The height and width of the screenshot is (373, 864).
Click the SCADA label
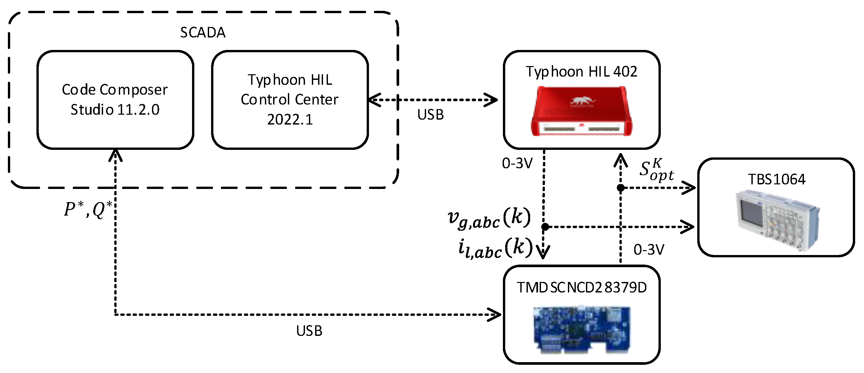click(x=203, y=33)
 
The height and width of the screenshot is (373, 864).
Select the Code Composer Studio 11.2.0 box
click(x=115, y=100)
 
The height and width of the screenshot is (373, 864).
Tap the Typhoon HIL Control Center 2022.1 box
click(x=290, y=100)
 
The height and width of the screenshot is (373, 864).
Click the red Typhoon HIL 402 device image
click(x=581, y=111)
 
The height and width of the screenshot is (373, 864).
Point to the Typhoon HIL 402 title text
click(x=581, y=72)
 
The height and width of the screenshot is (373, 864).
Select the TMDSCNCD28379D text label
click(x=582, y=287)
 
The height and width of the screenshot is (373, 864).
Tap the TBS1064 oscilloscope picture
click(x=777, y=220)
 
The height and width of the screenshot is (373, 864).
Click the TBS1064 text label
click(x=776, y=179)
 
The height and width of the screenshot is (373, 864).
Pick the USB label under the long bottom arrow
click(x=309, y=331)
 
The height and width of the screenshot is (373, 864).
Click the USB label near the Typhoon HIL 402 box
click(x=430, y=115)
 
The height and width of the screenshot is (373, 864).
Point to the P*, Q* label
click(x=88, y=209)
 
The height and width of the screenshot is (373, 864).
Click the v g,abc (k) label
click(x=489, y=219)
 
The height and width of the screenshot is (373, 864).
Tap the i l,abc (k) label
click(x=495, y=249)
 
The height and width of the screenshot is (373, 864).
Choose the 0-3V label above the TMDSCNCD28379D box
click(x=649, y=250)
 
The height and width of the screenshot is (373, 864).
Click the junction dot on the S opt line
click(x=620, y=188)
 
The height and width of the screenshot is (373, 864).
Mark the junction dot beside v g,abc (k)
click(x=545, y=227)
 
